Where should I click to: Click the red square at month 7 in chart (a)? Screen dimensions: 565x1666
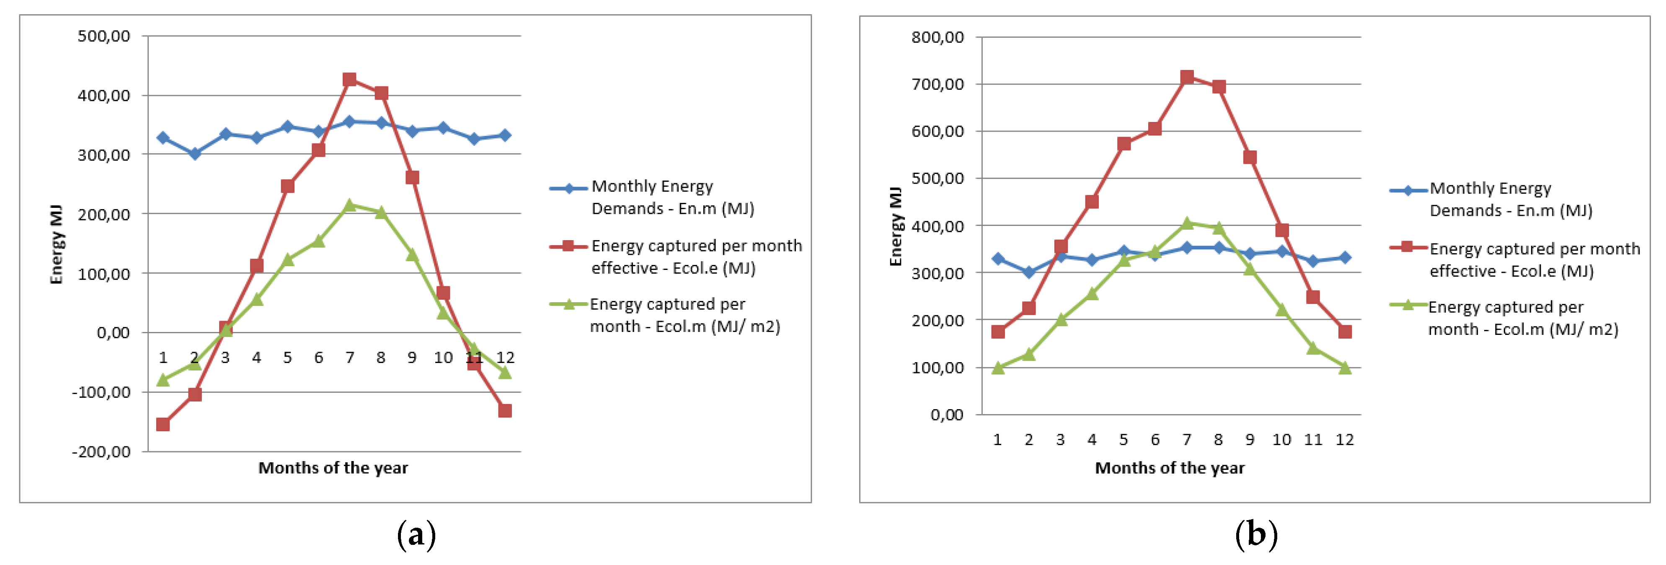click(x=349, y=80)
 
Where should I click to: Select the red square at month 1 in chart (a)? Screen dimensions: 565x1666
click(x=163, y=425)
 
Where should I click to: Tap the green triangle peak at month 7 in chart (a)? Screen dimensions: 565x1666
click(x=349, y=205)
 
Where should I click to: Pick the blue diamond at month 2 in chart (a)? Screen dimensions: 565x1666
click(x=194, y=153)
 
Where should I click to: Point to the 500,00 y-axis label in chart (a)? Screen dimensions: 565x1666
click(x=103, y=36)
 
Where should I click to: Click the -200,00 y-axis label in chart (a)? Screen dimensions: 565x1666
click(x=101, y=452)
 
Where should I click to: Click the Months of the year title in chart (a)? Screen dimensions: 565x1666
click(x=333, y=468)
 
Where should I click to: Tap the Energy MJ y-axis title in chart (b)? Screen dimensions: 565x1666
click(x=896, y=226)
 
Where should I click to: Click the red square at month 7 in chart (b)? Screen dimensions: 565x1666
click(x=1187, y=77)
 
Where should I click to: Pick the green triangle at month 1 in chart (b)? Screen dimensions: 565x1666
click(x=998, y=368)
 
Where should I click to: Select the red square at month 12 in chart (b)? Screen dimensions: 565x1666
click(x=1345, y=332)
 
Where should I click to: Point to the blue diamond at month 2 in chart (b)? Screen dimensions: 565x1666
click(x=1029, y=272)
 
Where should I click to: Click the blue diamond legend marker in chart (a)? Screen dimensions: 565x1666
click(x=568, y=188)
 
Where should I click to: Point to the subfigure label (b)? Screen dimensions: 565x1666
click(x=1256, y=534)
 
